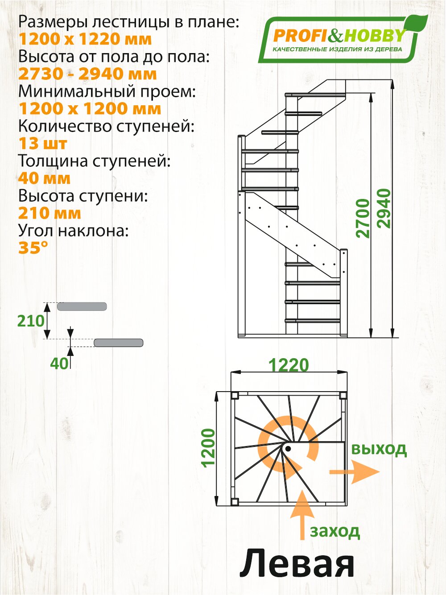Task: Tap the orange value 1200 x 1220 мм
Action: [85, 39]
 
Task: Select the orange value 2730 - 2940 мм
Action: [87, 74]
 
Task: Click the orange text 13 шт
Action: [43, 144]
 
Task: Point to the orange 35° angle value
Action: [33, 248]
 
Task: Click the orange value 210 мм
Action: [50, 213]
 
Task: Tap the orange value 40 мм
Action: [44, 178]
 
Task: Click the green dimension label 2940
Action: [384, 209]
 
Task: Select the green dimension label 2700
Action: [364, 218]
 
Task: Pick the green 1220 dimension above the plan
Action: [288, 365]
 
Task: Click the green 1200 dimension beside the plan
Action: [208, 448]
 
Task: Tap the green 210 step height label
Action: [31, 321]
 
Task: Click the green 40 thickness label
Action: [59, 363]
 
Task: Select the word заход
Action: [335, 531]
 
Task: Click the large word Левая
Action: [297, 564]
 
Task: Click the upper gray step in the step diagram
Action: [82, 306]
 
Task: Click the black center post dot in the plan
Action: [288, 448]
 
